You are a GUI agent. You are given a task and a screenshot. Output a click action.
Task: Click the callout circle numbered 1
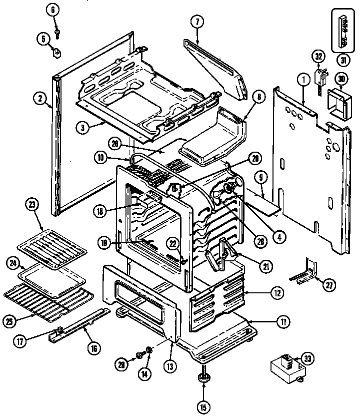point(302,79)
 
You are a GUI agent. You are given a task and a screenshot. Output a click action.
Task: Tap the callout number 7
point(197,22)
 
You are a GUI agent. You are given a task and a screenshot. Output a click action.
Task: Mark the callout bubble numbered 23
point(33,205)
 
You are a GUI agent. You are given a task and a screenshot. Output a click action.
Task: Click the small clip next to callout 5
point(57,51)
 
